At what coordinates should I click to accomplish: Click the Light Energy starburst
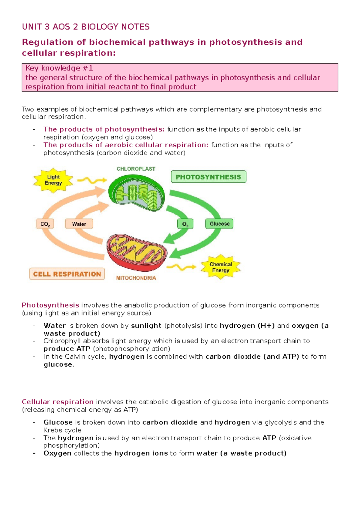point(53,180)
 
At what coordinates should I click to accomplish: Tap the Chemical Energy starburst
point(220,267)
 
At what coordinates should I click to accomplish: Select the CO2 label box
point(45,224)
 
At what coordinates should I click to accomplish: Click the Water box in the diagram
point(79,224)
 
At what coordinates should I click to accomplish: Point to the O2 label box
point(185,224)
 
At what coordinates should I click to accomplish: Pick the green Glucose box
point(219,224)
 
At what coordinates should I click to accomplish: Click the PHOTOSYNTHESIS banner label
point(208,177)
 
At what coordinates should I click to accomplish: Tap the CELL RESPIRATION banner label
point(67,274)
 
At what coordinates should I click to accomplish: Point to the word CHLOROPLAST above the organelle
point(136,169)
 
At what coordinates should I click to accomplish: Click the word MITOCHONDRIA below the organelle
point(136,278)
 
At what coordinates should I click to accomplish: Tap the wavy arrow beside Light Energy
point(92,180)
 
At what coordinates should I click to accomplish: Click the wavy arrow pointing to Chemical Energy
point(181,267)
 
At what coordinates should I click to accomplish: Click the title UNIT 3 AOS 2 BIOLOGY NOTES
point(86,27)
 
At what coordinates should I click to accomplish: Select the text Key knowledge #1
point(59,68)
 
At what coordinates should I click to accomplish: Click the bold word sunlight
point(146,326)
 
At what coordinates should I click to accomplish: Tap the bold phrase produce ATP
point(67,349)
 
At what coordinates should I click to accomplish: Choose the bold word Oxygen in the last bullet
point(57,453)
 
